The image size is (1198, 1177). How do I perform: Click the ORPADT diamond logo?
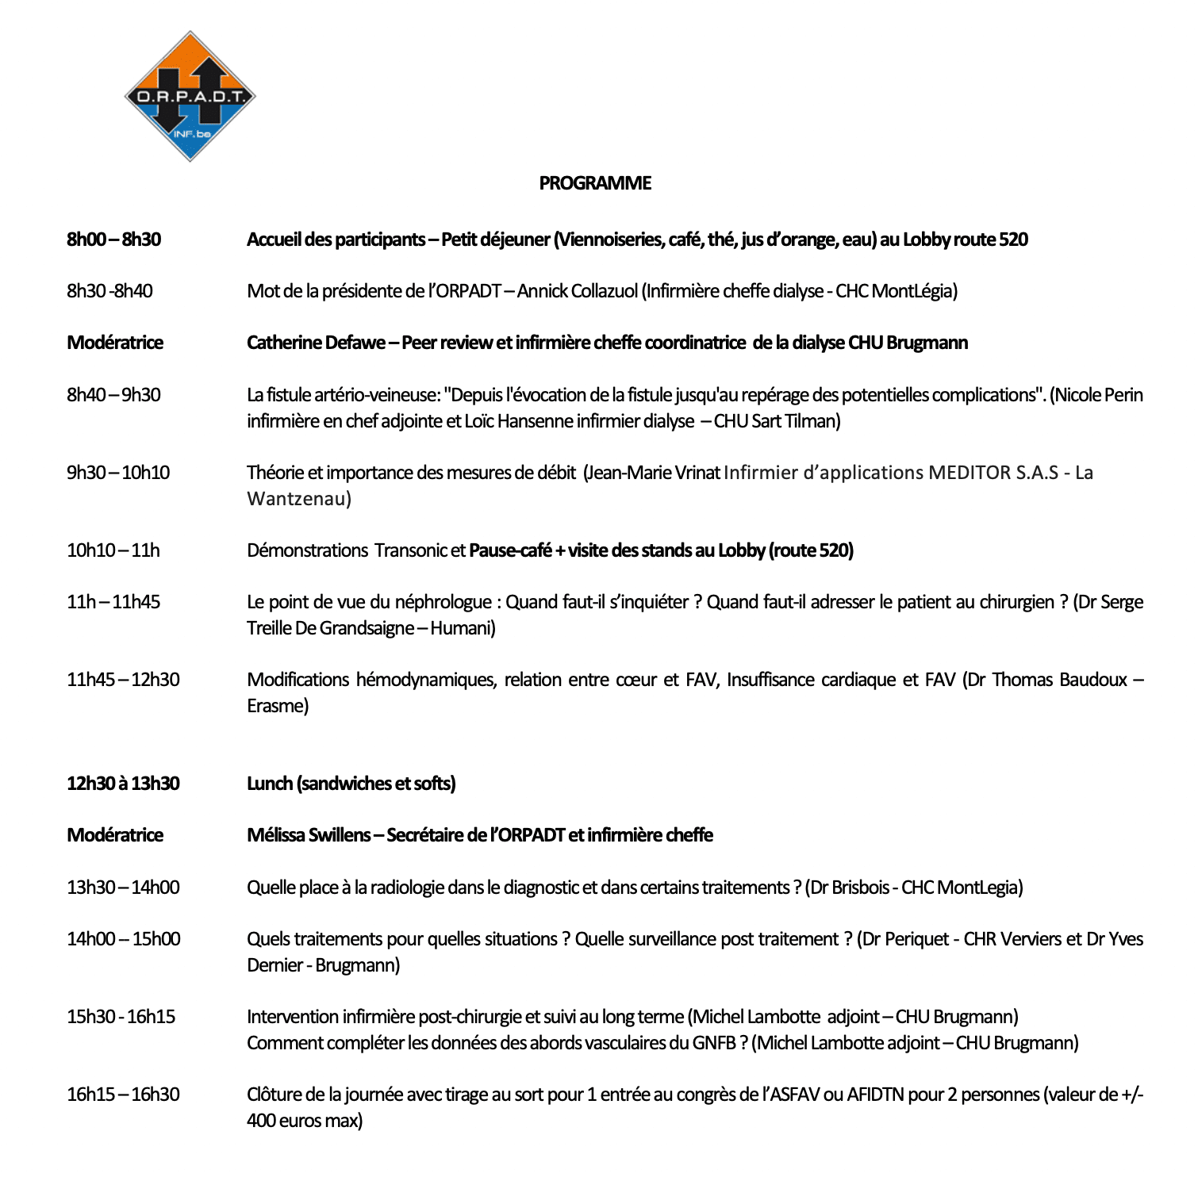pyautogui.click(x=190, y=96)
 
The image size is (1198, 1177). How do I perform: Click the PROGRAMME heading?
pyautogui.click(x=595, y=183)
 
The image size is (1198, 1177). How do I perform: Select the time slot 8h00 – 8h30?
pyautogui.click(x=113, y=240)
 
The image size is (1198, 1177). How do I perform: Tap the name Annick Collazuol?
pyautogui.click(x=577, y=291)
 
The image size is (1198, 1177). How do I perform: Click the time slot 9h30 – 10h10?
pyautogui.click(x=118, y=473)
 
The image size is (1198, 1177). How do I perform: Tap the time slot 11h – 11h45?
pyautogui.click(x=113, y=602)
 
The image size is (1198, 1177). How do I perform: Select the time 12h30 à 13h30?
pyautogui.click(x=123, y=784)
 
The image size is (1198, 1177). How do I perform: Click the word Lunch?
pyautogui.click(x=270, y=784)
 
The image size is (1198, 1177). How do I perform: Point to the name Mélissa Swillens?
pyautogui.click(x=309, y=835)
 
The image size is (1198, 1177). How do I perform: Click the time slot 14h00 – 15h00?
pyautogui.click(x=123, y=939)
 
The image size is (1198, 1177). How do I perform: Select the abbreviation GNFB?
pyautogui.click(x=714, y=1043)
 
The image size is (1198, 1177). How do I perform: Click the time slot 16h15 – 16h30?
pyautogui.click(x=123, y=1095)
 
